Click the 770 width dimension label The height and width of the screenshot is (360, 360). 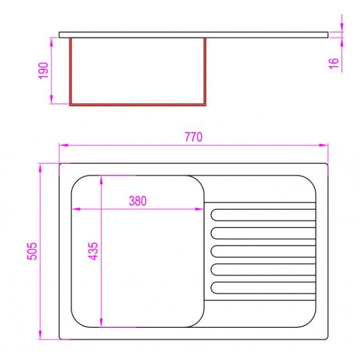coord(193,137)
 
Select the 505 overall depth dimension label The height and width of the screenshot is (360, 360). coord(32,251)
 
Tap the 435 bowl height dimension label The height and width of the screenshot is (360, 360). coord(94,251)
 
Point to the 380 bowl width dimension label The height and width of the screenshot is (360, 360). coord(138,201)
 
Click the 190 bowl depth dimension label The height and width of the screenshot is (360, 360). coord(43,71)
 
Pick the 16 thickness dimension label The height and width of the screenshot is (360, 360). coord(334,63)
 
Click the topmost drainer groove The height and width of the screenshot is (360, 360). coord(263,215)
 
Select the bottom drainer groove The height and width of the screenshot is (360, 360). coord(263,287)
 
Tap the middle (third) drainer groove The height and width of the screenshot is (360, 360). coord(263,251)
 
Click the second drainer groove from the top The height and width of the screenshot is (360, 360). coord(263,233)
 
